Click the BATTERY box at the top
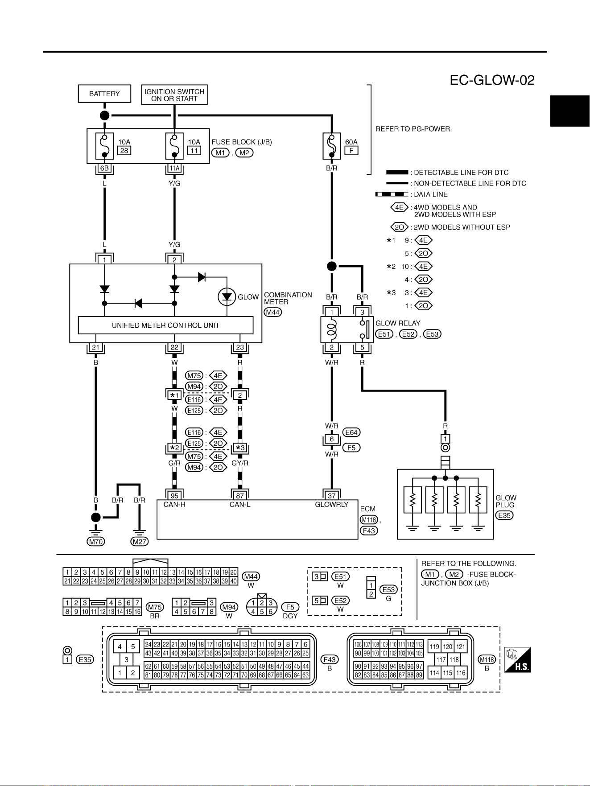tap(105, 94)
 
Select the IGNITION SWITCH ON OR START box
tap(174, 95)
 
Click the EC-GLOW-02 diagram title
tap(492, 80)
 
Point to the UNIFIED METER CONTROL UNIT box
tap(165, 325)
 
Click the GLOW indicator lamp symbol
tap(227, 297)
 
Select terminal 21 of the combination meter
tap(96, 347)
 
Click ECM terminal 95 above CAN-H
tap(174, 495)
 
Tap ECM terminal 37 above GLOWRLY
tap(331, 495)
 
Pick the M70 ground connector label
tap(96, 542)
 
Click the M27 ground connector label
tap(140, 542)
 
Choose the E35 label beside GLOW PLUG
tap(504, 515)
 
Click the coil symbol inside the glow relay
tap(331, 329)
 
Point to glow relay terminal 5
tap(362, 347)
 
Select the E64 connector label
tap(351, 432)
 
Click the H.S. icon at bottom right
tap(517, 660)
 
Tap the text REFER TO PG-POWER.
tap(414, 129)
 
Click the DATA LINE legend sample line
tap(392, 194)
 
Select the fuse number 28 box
tap(124, 151)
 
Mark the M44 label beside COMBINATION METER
tap(273, 312)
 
